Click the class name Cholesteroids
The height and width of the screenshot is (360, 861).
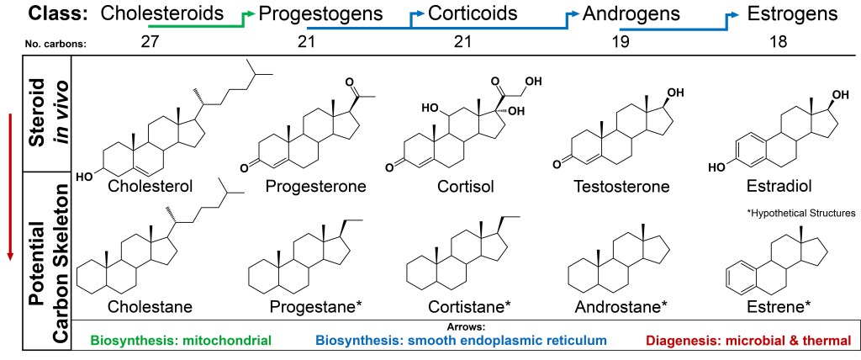(162, 13)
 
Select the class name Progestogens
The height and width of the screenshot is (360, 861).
(320, 13)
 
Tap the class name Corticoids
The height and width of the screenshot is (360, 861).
(473, 13)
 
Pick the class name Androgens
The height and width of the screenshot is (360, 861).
(631, 13)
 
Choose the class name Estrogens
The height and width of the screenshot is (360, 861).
(793, 13)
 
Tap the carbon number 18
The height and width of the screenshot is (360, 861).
(778, 42)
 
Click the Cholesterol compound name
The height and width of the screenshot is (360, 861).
(150, 187)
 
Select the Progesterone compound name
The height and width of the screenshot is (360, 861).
(315, 187)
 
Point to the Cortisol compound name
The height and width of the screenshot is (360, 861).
(466, 187)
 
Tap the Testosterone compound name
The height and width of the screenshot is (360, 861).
(621, 187)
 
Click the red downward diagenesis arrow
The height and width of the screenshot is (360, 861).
(10, 187)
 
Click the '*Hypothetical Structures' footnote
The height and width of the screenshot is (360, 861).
(801, 214)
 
